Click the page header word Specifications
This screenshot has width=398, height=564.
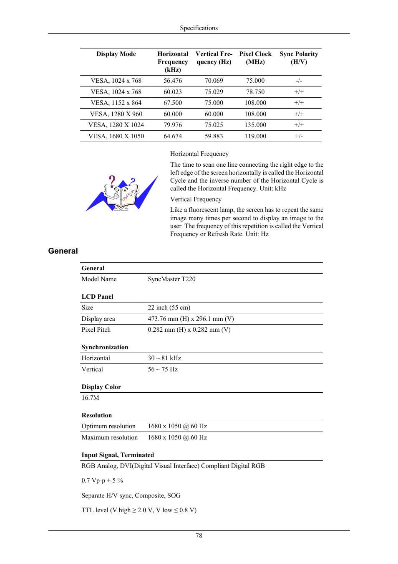199,28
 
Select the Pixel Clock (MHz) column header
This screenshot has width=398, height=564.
255,58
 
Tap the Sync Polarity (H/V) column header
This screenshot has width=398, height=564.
299,58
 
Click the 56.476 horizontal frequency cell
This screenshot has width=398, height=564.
173,81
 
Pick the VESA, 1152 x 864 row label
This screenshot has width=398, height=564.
116,103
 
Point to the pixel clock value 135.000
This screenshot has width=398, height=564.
255,125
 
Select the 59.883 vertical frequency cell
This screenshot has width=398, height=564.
214,136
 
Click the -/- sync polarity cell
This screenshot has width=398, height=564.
299,81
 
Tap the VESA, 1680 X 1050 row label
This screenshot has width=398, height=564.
116,136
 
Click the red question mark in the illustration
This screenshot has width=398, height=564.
112,180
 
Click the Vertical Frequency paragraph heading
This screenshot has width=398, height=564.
196,199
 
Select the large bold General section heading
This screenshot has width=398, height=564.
63,251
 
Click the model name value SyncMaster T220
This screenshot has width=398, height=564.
171,279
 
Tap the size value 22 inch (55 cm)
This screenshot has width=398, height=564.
169,307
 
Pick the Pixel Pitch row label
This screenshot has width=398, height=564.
96,330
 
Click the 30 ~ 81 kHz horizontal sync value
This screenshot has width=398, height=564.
164,358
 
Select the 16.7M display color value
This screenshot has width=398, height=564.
90,398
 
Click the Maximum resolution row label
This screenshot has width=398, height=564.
109,437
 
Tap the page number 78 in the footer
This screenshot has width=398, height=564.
199,536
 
